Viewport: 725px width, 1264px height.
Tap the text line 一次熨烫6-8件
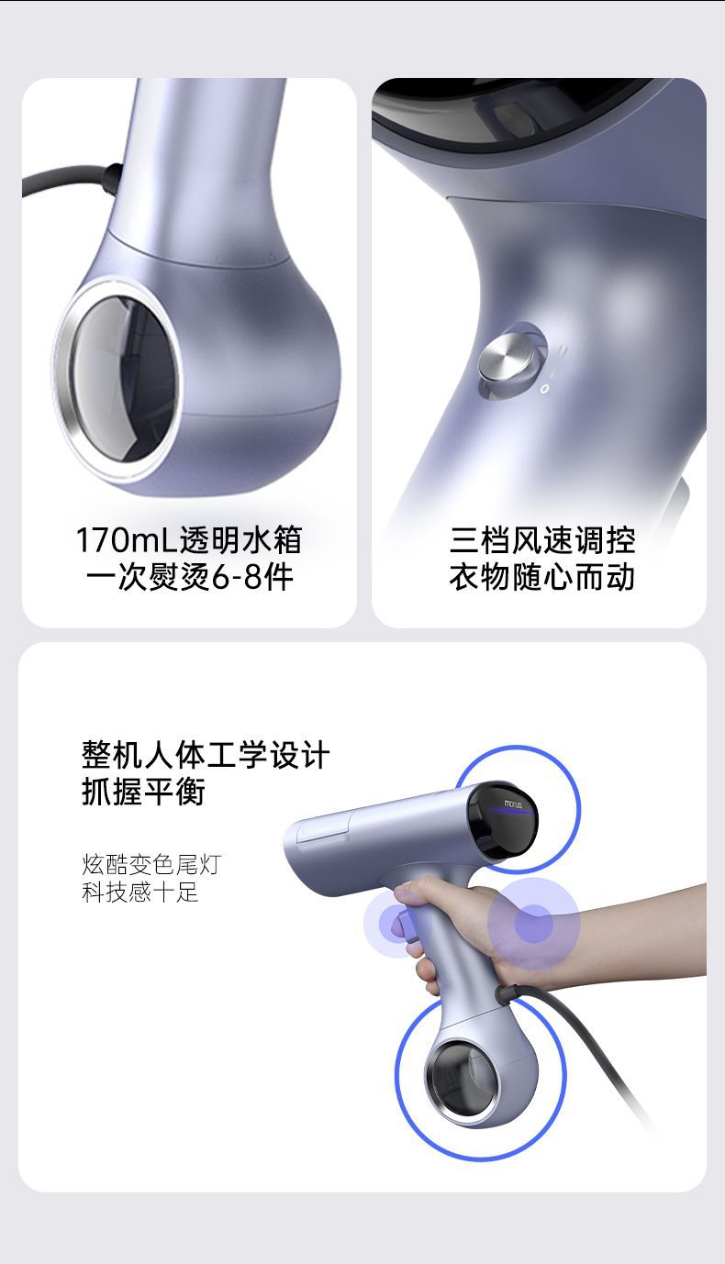(x=188, y=578)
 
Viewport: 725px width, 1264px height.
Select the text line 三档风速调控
(x=541, y=540)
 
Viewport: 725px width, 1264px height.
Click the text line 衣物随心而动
(x=541, y=578)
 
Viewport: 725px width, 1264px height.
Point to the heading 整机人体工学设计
(x=206, y=756)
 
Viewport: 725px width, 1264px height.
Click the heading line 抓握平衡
(x=143, y=792)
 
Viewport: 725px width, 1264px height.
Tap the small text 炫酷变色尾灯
(x=151, y=864)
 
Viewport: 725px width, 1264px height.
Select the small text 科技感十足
(x=139, y=893)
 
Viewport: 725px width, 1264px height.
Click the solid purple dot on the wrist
(x=533, y=923)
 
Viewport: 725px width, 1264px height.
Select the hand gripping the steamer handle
(x=459, y=917)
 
